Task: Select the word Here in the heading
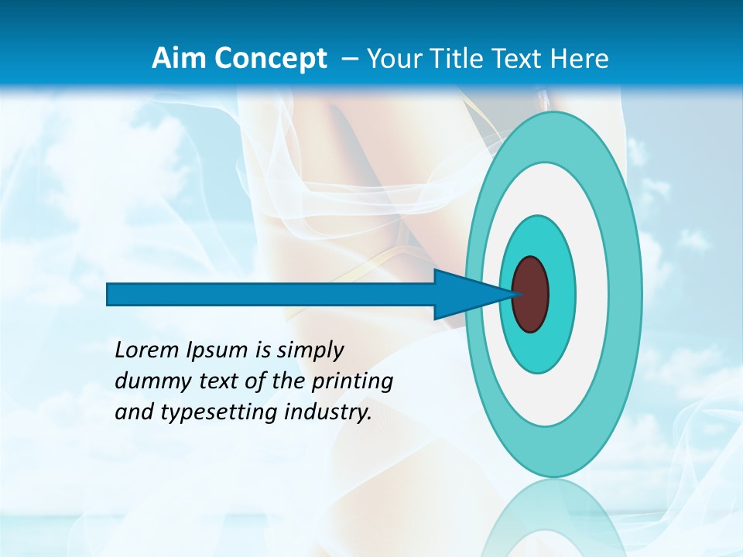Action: (x=579, y=59)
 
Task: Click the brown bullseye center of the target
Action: (x=530, y=294)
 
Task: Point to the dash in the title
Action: (x=349, y=59)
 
